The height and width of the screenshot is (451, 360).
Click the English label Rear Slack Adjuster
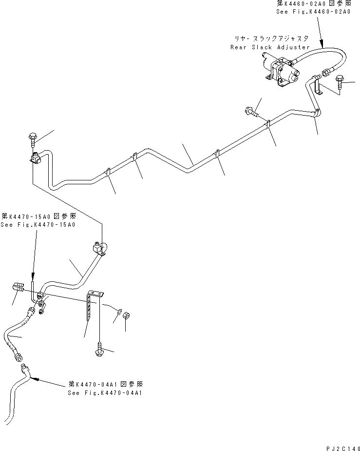270,47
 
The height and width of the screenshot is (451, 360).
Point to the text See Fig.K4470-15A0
38,225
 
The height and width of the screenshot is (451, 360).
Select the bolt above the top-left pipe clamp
33,138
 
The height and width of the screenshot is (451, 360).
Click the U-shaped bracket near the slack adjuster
317,88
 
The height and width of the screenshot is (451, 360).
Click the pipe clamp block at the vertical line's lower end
98,248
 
